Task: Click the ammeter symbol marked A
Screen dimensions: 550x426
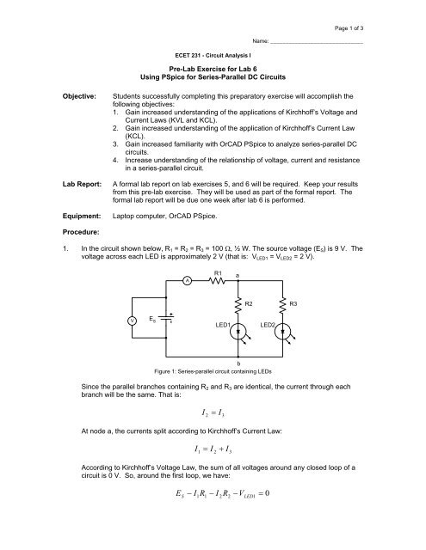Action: point(188,279)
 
